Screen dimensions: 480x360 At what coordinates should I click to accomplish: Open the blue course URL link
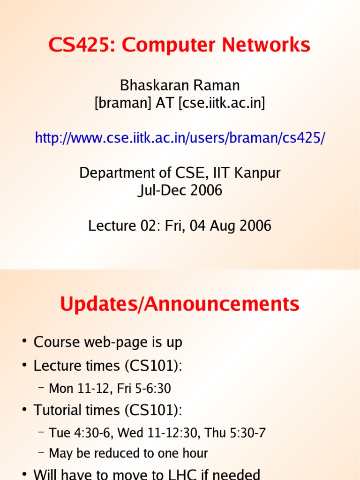[180, 138]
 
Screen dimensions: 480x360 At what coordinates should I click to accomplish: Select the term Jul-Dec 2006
[180, 190]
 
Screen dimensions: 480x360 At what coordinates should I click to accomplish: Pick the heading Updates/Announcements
[180, 304]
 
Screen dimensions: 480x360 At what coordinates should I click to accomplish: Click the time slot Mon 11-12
[74, 389]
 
